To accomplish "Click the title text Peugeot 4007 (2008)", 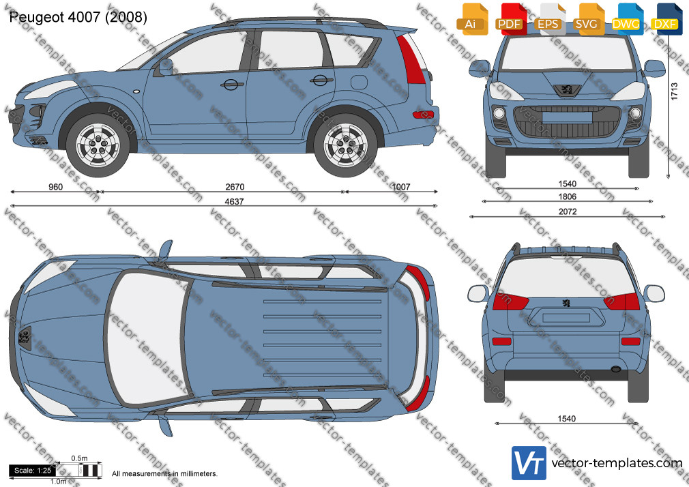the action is click(78, 17).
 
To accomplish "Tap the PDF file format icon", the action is click(510, 19).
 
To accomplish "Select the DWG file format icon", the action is click(626, 19).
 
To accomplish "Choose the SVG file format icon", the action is click(587, 19).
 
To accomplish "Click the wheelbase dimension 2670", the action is click(235, 187).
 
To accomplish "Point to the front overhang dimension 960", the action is click(55, 187).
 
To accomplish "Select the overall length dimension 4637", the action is click(234, 202).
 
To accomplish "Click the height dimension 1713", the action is click(674, 92).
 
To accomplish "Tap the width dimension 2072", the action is click(568, 211).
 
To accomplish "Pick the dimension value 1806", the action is click(568, 196).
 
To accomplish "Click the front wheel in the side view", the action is click(98, 145).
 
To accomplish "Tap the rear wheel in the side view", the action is click(346, 145).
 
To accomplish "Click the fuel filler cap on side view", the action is click(359, 83).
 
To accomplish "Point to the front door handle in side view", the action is click(231, 85).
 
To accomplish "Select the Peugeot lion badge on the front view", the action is click(567, 90).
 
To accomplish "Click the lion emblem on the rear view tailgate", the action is click(566, 303).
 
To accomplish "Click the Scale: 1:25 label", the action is click(33, 471).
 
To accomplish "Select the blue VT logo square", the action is click(529, 463).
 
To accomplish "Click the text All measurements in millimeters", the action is click(164, 474).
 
